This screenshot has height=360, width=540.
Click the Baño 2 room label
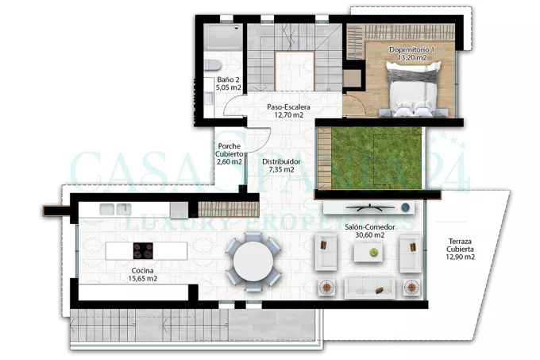point(229,79)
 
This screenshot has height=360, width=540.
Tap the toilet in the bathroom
point(213,64)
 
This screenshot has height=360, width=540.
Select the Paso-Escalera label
point(288,107)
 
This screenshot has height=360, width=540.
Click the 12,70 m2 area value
point(288,115)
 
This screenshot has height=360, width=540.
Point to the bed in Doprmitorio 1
point(413,89)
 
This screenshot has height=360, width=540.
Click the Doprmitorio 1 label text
point(412,49)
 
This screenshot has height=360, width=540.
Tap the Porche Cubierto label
point(229,150)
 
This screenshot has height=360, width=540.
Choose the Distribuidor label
point(281,161)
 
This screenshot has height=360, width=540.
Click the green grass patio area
point(376,158)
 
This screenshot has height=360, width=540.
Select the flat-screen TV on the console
point(370,207)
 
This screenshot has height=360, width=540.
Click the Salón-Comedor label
point(369,227)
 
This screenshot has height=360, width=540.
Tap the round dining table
point(253,261)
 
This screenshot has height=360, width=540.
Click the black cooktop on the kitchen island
point(143,251)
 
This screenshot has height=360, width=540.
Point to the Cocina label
point(143,271)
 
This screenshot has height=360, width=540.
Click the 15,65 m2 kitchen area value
point(143,279)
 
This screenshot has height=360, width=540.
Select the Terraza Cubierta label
point(460,246)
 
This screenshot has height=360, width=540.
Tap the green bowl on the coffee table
point(374,253)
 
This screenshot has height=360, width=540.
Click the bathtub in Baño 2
point(223,37)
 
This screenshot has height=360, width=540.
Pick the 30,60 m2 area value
point(369,235)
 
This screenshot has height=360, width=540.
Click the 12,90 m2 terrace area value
point(460,257)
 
